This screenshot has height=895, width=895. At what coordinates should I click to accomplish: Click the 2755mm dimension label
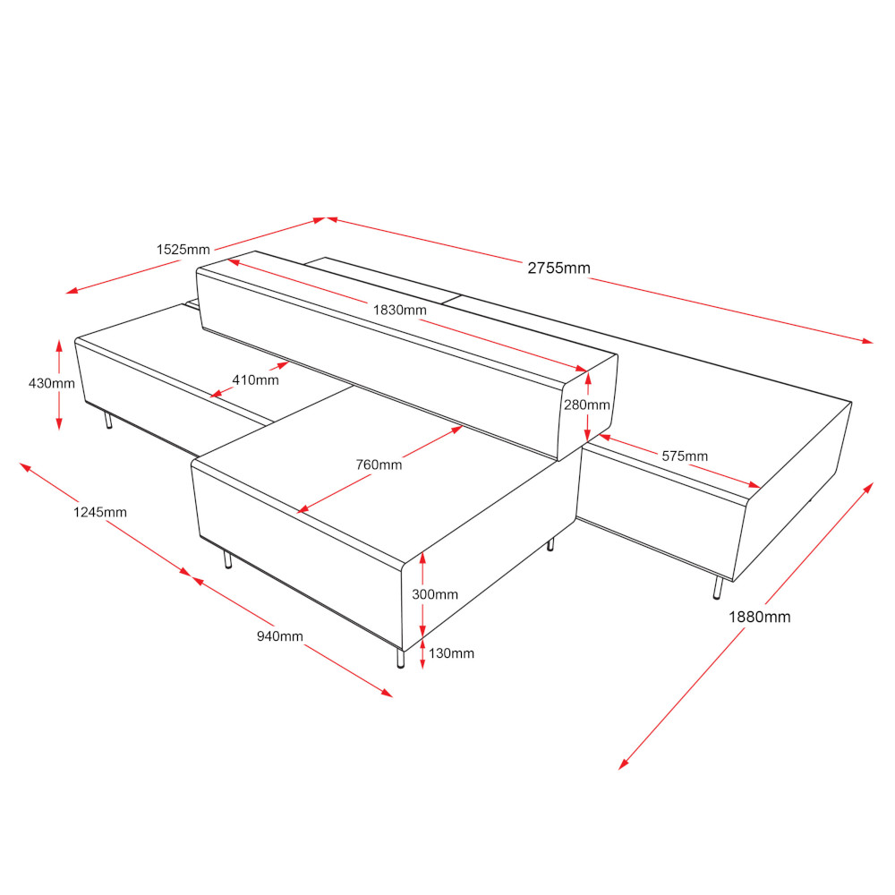(558, 268)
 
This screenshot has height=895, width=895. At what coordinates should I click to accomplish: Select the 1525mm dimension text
(183, 250)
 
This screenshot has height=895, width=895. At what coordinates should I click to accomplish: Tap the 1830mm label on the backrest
(399, 310)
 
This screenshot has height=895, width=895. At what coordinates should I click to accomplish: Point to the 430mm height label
(52, 383)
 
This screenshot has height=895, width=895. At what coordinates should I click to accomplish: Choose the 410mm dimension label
(255, 379)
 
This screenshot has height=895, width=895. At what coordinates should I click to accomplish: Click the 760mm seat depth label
(379, 465)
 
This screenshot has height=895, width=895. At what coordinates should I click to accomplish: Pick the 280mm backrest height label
(587, 405)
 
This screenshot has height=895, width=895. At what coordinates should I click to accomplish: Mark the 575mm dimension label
(685, 456)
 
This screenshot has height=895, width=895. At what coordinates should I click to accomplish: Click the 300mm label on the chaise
(435, 594)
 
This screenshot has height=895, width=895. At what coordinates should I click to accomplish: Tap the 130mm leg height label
(451, 653)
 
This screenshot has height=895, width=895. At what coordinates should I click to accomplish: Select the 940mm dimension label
(279, 635)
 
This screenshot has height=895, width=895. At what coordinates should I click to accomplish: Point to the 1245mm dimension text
(100, 512)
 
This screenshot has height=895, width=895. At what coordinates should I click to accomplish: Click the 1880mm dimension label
(760, 617)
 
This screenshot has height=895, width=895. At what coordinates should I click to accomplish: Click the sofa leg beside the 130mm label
(401, 658)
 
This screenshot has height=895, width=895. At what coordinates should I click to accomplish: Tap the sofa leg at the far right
(718, 588)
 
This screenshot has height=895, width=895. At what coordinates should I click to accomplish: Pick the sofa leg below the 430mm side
(108, 422)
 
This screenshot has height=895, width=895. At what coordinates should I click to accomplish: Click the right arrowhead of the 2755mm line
(867, 341)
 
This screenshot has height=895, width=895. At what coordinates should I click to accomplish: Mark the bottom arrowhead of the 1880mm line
(623, 764)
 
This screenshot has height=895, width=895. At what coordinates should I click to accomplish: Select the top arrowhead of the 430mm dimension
(59, 345)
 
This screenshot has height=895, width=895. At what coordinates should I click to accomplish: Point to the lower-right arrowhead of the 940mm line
(387, 693)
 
